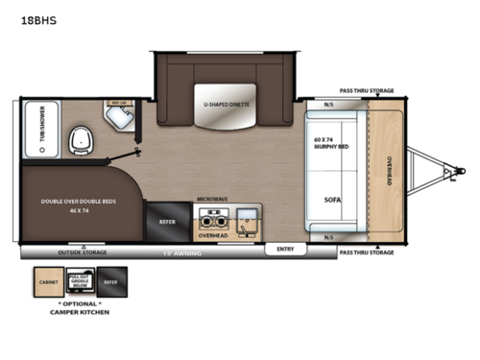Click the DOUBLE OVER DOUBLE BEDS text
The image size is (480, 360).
coord(78,203)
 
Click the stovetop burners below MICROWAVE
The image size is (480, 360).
coord(207,217)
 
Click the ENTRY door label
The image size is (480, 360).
coord(285,249)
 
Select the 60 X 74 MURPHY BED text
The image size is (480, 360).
coord(330,143)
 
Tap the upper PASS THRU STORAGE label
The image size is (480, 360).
coord(367,89)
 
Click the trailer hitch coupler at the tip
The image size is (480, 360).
coord(446,174)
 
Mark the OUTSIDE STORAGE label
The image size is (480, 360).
coord(84,252)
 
